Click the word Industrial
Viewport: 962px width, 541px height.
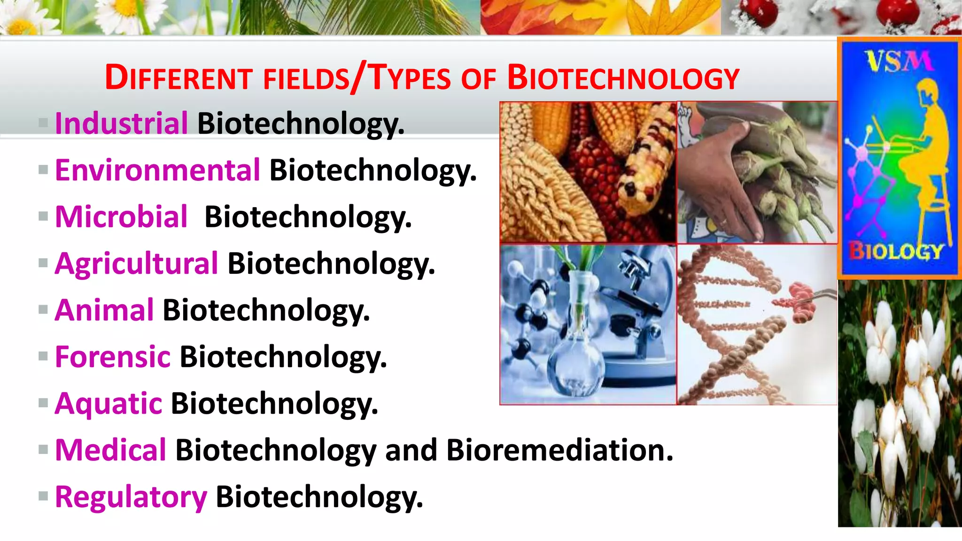coord(121,123)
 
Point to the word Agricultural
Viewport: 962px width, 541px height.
coord(136,263)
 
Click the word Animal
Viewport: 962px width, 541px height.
coord(104,310)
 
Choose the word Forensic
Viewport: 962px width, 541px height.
coord(112,356)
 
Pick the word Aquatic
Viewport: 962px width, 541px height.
coord(109,403)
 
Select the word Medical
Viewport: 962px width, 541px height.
coord(110,450)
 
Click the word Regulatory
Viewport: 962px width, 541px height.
coord(131,497)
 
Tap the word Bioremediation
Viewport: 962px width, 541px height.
coord(559,450)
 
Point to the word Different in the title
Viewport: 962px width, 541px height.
coord(179,78)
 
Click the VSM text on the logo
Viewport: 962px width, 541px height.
coord(898,61)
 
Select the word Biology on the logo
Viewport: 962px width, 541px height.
coord(896,251)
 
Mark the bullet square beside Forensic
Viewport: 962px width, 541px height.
coord(43,356)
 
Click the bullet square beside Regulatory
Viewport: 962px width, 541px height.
coord(43,496)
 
